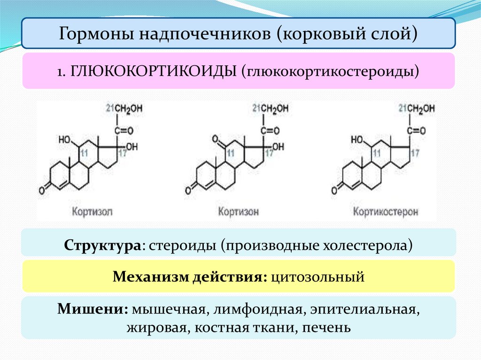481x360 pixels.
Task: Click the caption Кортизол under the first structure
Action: pos(93,212)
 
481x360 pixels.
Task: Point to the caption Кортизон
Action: pos(238,212)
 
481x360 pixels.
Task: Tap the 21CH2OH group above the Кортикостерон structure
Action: pos(417,109)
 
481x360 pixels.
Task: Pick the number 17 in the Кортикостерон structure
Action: pos(414,153)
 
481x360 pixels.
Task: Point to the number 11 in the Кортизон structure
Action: pos(230,153)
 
